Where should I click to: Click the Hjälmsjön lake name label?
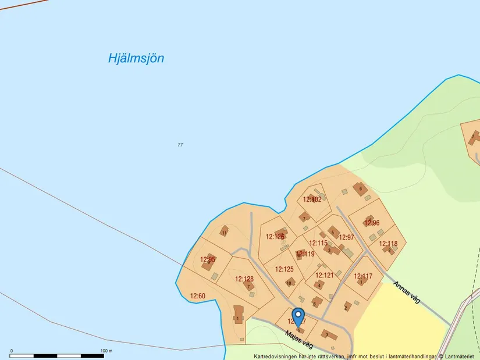[x=136, y=58]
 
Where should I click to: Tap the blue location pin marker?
[x=298, y=317]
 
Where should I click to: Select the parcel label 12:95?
[x=208, y=259]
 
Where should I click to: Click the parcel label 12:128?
[x=244, y=279]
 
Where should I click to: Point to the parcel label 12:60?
[x=198, y=296]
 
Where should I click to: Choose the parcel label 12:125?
[x=285, y=269]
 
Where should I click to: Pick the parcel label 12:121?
[x=325, y=275]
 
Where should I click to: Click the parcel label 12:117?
[x=363, y=276]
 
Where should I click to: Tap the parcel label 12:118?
[x=388, y=244]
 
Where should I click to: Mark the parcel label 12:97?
[x=346, y=237]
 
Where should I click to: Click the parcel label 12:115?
[x=318, y=243]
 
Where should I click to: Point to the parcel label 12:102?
[x=312, y=199]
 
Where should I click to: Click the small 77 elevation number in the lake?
[x=180, y=144]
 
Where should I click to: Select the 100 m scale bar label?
[x=106, y=351]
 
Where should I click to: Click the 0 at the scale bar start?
[x=12, y=351]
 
